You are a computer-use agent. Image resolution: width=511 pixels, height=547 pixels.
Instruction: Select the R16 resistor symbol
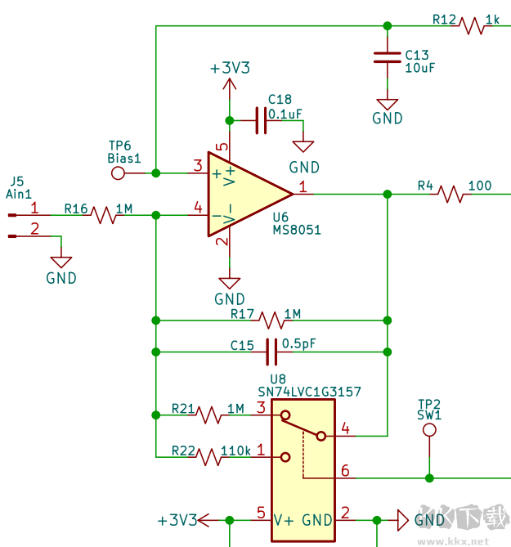tap(105, 215)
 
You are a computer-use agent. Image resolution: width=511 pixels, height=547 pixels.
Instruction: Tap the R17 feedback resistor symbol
tap(271, 319)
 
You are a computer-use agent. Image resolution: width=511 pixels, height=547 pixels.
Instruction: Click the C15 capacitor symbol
tap(272, 352)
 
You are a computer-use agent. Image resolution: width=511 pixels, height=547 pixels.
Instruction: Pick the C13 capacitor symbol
tap(388, 56)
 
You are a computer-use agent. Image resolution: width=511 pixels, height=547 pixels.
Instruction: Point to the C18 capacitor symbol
tap(261, 120)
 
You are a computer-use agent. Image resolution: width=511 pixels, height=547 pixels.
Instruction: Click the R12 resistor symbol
tap(473, 25)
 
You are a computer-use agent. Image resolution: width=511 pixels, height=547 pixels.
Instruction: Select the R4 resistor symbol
tap(450, 194)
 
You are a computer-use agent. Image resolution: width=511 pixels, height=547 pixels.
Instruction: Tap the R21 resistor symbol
tap(209, 415)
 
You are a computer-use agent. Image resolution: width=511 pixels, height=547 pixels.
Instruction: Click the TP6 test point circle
tap(118, 173)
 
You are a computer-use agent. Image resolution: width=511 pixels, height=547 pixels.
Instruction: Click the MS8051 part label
tap(297, 231)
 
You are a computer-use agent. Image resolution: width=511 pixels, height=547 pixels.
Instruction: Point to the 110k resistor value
tap(235, 450)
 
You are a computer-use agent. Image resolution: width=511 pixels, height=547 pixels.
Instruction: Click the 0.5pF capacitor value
tap(298, 344)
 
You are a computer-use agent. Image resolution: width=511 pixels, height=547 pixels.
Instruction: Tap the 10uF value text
tap(420, 68)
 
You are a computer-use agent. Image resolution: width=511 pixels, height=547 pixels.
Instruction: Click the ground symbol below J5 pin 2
tap(61, 262)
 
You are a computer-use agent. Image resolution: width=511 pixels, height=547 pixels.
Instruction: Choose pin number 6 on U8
tap(345, 470)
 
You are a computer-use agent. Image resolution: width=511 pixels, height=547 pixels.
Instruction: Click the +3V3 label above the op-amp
tap(231, 69)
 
